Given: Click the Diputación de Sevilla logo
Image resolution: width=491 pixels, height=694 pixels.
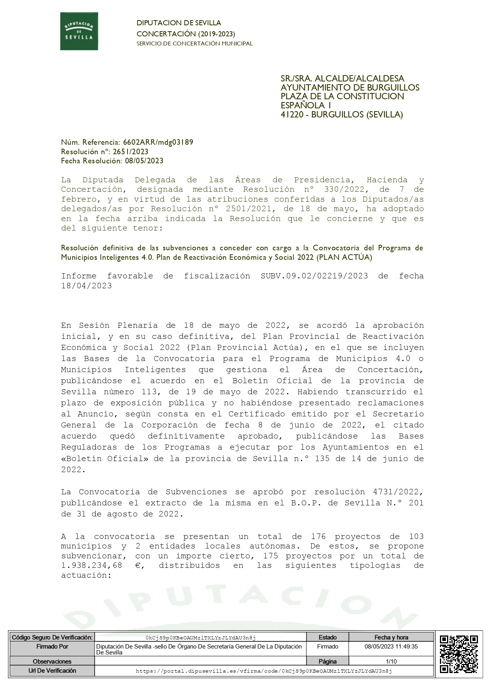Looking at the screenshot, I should [79, 31].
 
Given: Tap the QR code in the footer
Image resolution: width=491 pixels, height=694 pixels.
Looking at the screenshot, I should [459, 654].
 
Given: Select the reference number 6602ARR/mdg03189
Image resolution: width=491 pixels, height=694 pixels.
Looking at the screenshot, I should [158, 142].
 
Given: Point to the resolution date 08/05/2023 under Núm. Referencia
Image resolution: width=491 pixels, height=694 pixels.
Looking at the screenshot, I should [144, 161].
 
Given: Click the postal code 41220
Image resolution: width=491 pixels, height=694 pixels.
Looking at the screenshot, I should [293, 115].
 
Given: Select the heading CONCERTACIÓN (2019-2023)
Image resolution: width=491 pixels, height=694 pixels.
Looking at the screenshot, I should [186, 34].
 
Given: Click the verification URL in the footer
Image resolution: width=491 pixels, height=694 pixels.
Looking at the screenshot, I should [264, 671].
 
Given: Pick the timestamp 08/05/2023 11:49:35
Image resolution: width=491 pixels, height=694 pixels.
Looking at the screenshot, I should [391, 647].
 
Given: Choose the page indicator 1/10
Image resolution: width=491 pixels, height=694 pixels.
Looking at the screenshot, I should [391, 661].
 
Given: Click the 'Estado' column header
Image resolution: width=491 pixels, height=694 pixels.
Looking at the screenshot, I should [327, 637].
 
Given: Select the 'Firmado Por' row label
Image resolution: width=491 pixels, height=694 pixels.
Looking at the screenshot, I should [52, 647].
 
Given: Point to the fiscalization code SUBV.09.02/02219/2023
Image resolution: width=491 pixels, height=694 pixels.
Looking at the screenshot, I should [314, 276].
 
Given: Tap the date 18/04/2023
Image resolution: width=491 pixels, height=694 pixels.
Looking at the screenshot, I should [86, 286].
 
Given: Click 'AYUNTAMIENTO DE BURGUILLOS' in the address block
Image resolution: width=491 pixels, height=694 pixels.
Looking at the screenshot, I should [350, 87].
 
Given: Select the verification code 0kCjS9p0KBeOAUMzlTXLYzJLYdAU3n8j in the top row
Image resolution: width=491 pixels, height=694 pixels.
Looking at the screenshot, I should [200, 637].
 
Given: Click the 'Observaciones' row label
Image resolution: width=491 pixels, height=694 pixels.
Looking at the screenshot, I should [52, 661].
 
